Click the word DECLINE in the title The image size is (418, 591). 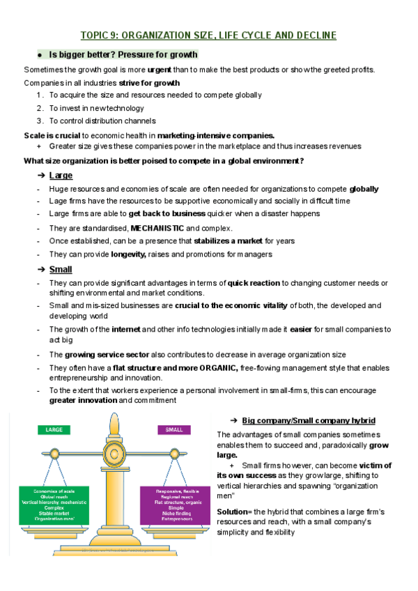coord(313,35)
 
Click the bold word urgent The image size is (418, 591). coord(160,69)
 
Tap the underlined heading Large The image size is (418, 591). coord(61,175)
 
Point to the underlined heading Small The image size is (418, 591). coord(61,269)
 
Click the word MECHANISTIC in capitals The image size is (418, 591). coord(157,228)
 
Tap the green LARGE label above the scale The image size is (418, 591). coord(54,430)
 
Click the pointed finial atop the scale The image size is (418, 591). coord(114,417)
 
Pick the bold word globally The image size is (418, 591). coord(364,188)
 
